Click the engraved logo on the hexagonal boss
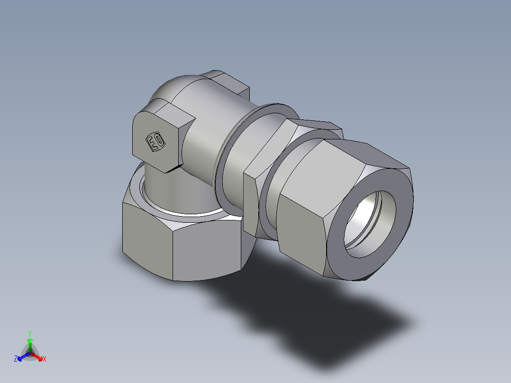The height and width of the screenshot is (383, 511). (x=155, y=142)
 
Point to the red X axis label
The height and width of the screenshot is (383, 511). (x=45, y=359)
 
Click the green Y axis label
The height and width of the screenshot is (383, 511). (x=29, y=333)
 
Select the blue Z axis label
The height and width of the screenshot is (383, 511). (x=16, y=359)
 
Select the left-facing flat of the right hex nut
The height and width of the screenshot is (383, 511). (x=301, y=228)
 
